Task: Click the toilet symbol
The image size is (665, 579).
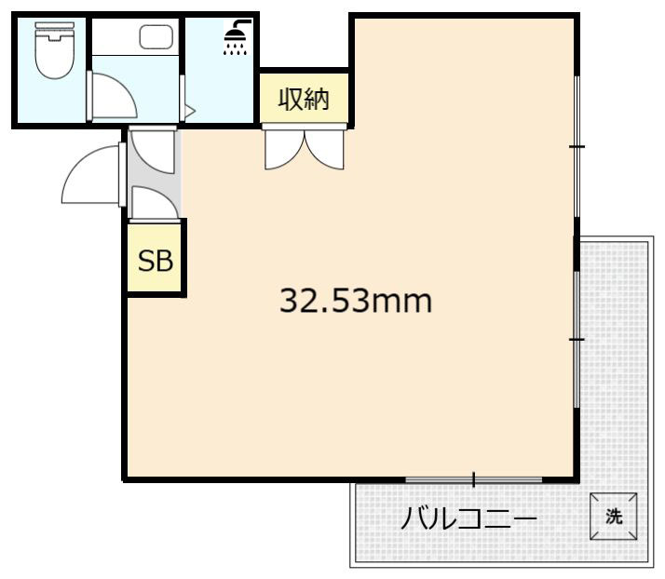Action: [52, 50]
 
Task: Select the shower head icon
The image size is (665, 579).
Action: [237, 36]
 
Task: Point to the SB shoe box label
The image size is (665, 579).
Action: [156, 262]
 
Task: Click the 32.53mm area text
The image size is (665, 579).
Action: [356, 301]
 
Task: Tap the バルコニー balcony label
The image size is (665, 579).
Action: [468, 518]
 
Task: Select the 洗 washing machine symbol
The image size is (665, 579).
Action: [614, 517]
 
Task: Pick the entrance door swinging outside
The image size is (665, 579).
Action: [91, 177]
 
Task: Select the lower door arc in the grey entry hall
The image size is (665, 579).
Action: [153, 202]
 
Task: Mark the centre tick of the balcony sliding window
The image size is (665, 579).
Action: [473, 480]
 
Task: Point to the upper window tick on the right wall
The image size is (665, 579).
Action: [577, 146]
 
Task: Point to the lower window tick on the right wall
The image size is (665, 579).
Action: [577, 340]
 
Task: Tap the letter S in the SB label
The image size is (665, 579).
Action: [147, 262]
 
